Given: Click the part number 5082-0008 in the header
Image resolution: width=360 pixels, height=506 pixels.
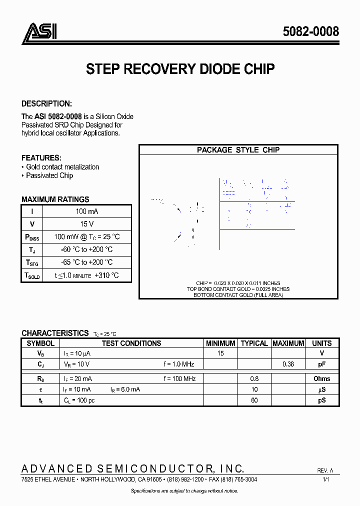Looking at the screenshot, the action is click(x=310, y=31).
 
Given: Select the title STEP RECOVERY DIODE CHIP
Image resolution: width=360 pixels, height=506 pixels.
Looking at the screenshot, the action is click(x=180, y=69).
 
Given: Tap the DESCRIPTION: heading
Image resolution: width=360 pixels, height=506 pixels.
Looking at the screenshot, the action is click(x=46, y=104).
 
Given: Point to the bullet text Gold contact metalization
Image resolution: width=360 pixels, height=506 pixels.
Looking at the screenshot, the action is click(x=62, y=167).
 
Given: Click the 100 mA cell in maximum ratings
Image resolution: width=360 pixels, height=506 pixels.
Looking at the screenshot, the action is click(x=86, y=211).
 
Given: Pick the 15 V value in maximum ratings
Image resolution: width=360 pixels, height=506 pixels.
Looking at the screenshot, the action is click(x=86, y=224).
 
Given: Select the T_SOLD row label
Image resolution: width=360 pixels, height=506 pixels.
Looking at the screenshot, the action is click(x=32, y=275).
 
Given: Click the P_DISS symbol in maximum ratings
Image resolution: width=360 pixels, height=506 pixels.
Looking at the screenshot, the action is click(x=32, y=237).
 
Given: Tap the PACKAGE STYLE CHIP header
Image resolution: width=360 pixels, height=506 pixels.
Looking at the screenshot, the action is click(x=238, y=150).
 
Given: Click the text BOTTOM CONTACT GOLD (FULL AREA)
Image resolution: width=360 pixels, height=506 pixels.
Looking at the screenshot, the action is click(x=238, y=295).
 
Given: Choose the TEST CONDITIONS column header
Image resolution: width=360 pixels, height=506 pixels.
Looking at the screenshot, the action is click(x=131, y=343).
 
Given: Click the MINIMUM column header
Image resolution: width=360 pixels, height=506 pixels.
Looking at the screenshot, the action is click(x=220, y=343).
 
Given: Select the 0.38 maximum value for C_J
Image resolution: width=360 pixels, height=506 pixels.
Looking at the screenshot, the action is click(x=288, y=364).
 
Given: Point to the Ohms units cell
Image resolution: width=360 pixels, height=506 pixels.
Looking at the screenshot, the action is click(x=321, y=378).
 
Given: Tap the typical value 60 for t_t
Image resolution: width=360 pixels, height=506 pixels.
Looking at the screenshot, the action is click(x=254, y=400).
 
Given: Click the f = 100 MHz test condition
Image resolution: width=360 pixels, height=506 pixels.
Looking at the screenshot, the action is click(x=179, y=378).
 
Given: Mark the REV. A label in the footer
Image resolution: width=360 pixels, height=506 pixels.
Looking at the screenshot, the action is click(x=324, y=471).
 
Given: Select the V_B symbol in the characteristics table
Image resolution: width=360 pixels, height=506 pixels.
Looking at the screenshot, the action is click(x=40, y=353).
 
